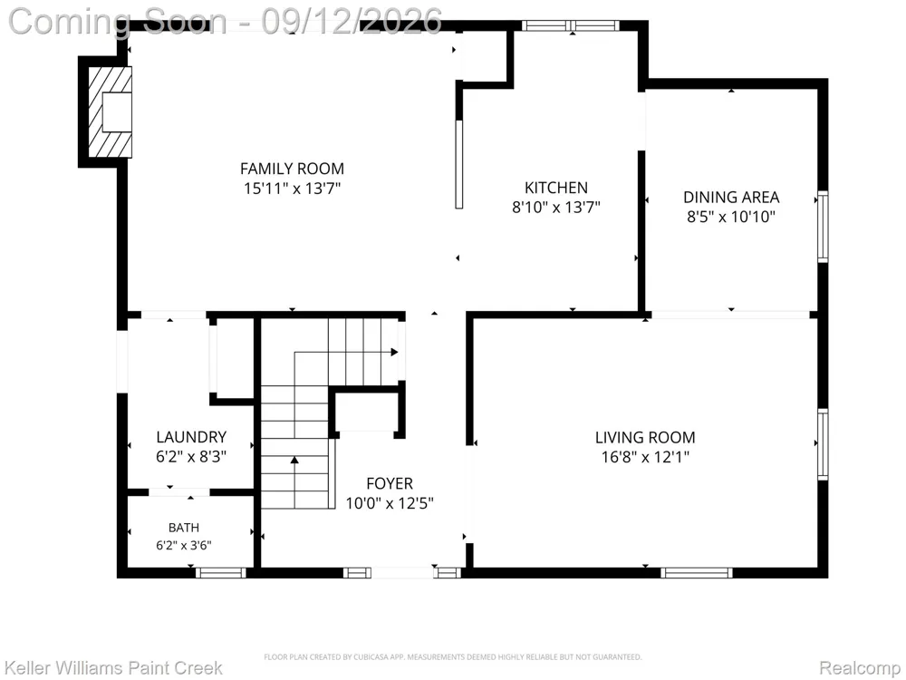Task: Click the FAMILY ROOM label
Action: click(x=292, y=169)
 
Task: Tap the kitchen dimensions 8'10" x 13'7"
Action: click(x=556, y=207)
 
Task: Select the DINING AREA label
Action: click(x=731, y=197)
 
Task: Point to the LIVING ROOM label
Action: click(x=645, y=437)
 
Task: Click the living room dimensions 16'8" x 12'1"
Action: click(x=645, y=457)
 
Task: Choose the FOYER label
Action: click(x=390, y=483)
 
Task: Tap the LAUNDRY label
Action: click(x=190, y=437)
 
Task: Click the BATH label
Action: click(x=184, y=528)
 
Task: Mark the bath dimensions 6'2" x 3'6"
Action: click(x=184, y=545)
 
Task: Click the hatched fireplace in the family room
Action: click(x=110, y=112)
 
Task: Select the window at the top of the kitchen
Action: click(x=571, y=25)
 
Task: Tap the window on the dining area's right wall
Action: click(x=823, y=226)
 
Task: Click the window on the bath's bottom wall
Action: click(x=221, y=572)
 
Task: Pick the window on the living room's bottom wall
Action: click(x=696, y=572)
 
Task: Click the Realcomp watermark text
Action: click(x=859, y=668)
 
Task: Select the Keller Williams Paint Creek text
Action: click(x=113, y=668)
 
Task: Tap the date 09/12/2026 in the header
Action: click(x=352, y=22)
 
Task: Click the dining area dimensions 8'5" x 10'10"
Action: click(x=731, y=217)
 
